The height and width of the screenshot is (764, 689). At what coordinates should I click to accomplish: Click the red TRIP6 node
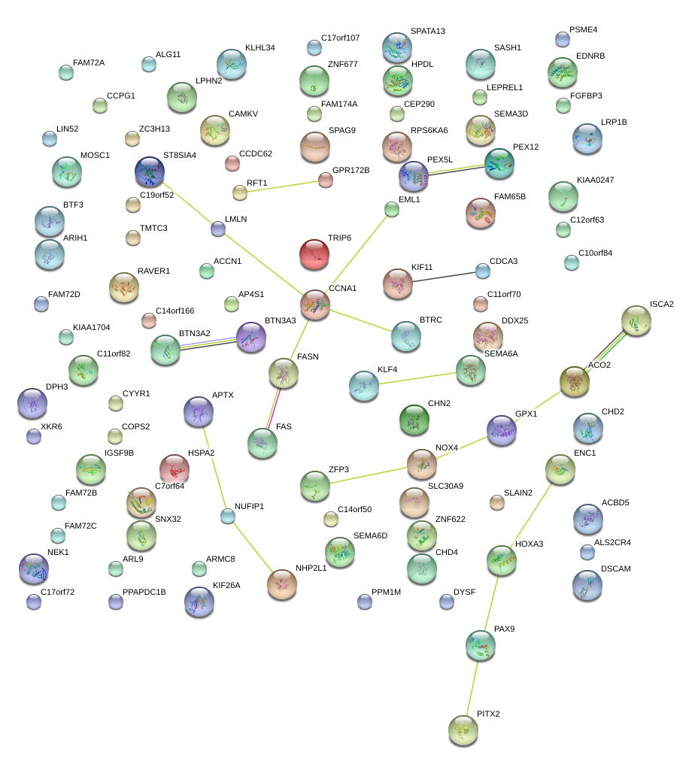point(315,254)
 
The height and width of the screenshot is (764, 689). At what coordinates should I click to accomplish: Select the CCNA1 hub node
point(315,304)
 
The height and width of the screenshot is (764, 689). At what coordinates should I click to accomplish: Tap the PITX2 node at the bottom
point(463,729)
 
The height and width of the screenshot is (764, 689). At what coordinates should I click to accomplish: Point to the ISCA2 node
point(636,320)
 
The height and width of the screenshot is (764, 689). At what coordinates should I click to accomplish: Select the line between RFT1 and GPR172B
point(282,186)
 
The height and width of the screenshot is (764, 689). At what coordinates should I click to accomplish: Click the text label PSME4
point(584,30)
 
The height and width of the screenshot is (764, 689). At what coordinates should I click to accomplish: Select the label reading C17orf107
point(340,38)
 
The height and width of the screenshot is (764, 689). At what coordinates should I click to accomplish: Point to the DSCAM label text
point(615,568)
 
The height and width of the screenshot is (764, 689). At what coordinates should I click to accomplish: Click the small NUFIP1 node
point(228,516)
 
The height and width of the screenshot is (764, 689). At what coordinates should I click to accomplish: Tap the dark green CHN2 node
point(414,420)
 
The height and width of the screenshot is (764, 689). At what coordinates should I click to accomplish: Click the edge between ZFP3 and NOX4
point(369,475)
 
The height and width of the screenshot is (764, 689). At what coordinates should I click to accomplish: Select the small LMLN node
point(218,229)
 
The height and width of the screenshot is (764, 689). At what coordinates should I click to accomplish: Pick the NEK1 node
point(33,568)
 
